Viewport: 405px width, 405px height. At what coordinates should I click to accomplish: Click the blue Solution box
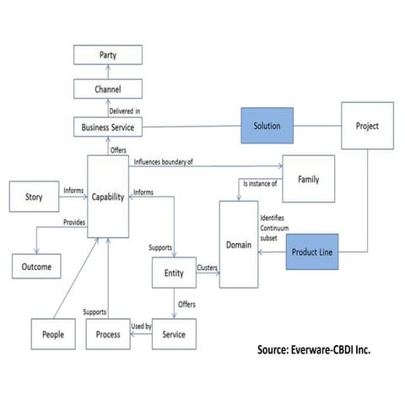coord(266,127)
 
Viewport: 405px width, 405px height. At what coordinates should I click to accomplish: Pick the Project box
coord(367,127)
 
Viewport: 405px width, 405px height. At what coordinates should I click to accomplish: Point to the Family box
coord(307,180)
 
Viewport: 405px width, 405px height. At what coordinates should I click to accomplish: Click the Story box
coord(30,199)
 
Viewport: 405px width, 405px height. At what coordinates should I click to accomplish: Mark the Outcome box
coord(36,267)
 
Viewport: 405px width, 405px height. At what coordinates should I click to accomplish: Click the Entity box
coord(174,273)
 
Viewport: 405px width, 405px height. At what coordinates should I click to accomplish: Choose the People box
coord(53,334)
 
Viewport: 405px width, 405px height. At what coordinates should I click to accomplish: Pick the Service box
coord(174,334)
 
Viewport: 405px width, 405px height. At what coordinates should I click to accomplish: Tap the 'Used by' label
coord(141,326)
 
